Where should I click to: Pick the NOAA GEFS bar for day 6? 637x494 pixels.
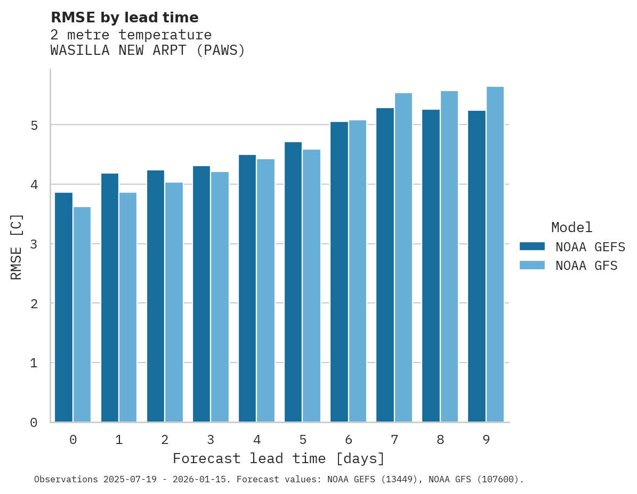point(339,272)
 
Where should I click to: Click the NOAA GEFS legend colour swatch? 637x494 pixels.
point(532,246)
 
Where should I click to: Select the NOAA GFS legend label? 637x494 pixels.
point(586,266)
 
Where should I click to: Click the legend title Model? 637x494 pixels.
point(571,227)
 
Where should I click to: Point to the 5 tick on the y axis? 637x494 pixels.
point(34,126)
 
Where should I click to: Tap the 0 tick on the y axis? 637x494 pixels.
point(34,423)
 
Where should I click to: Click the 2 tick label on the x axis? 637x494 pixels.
point(165,440)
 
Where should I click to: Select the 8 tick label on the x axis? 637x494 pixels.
point(440,440)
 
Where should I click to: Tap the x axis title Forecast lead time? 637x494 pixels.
point(278,458)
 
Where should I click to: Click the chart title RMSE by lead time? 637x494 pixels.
point(124,18)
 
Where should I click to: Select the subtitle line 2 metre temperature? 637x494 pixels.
point(131,35)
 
